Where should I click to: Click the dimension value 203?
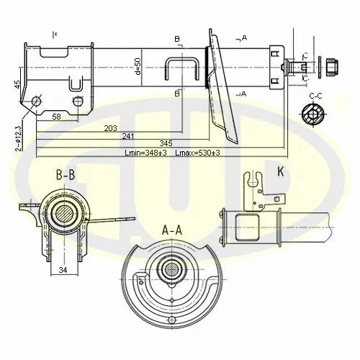click(110, 128)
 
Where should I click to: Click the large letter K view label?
click(281, 171)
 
